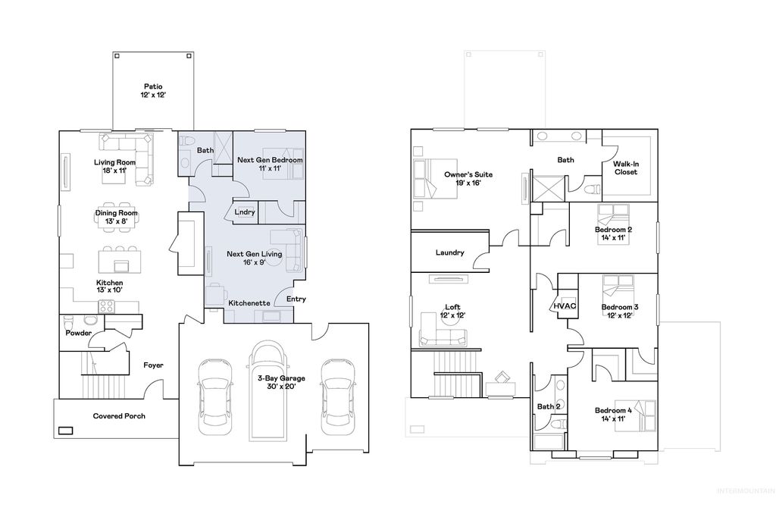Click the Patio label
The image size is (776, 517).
coord(153,86)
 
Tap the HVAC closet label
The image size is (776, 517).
coord(565,306)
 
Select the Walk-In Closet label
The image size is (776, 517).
coord(625,168)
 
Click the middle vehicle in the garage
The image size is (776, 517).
coord(269,390)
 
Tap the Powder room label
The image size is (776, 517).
coord(78,333)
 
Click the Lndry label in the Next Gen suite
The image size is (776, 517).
coord(245,212)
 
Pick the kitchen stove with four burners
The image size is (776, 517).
coord(107,307)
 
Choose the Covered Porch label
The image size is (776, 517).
coord(119,416)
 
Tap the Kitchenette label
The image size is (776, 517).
coord(249,302)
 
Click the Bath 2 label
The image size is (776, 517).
coord(549,407)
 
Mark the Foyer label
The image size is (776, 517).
coord(154,365)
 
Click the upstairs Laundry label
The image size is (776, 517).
coord(449,252)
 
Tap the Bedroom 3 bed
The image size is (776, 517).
coord(618,289)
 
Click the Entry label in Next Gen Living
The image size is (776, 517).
coord(296,299)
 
